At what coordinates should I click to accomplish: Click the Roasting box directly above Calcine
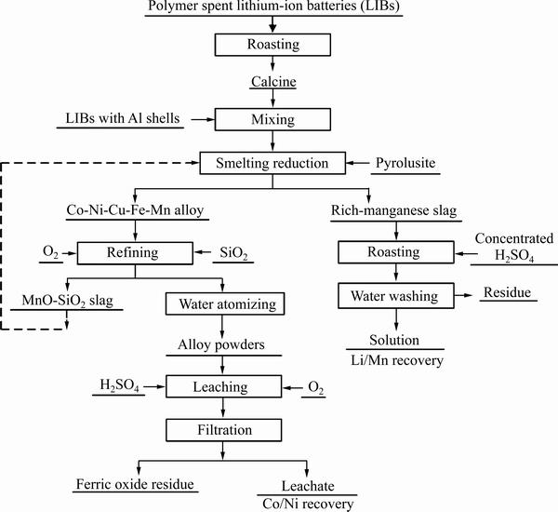click(x=272, y=45)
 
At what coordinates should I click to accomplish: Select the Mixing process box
click(x=272, y=119)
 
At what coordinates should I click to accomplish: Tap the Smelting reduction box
click(x=272, y=165)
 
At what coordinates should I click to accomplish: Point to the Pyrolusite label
click(x=405, y=164)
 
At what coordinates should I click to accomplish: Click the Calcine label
click(x=272, y=82)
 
